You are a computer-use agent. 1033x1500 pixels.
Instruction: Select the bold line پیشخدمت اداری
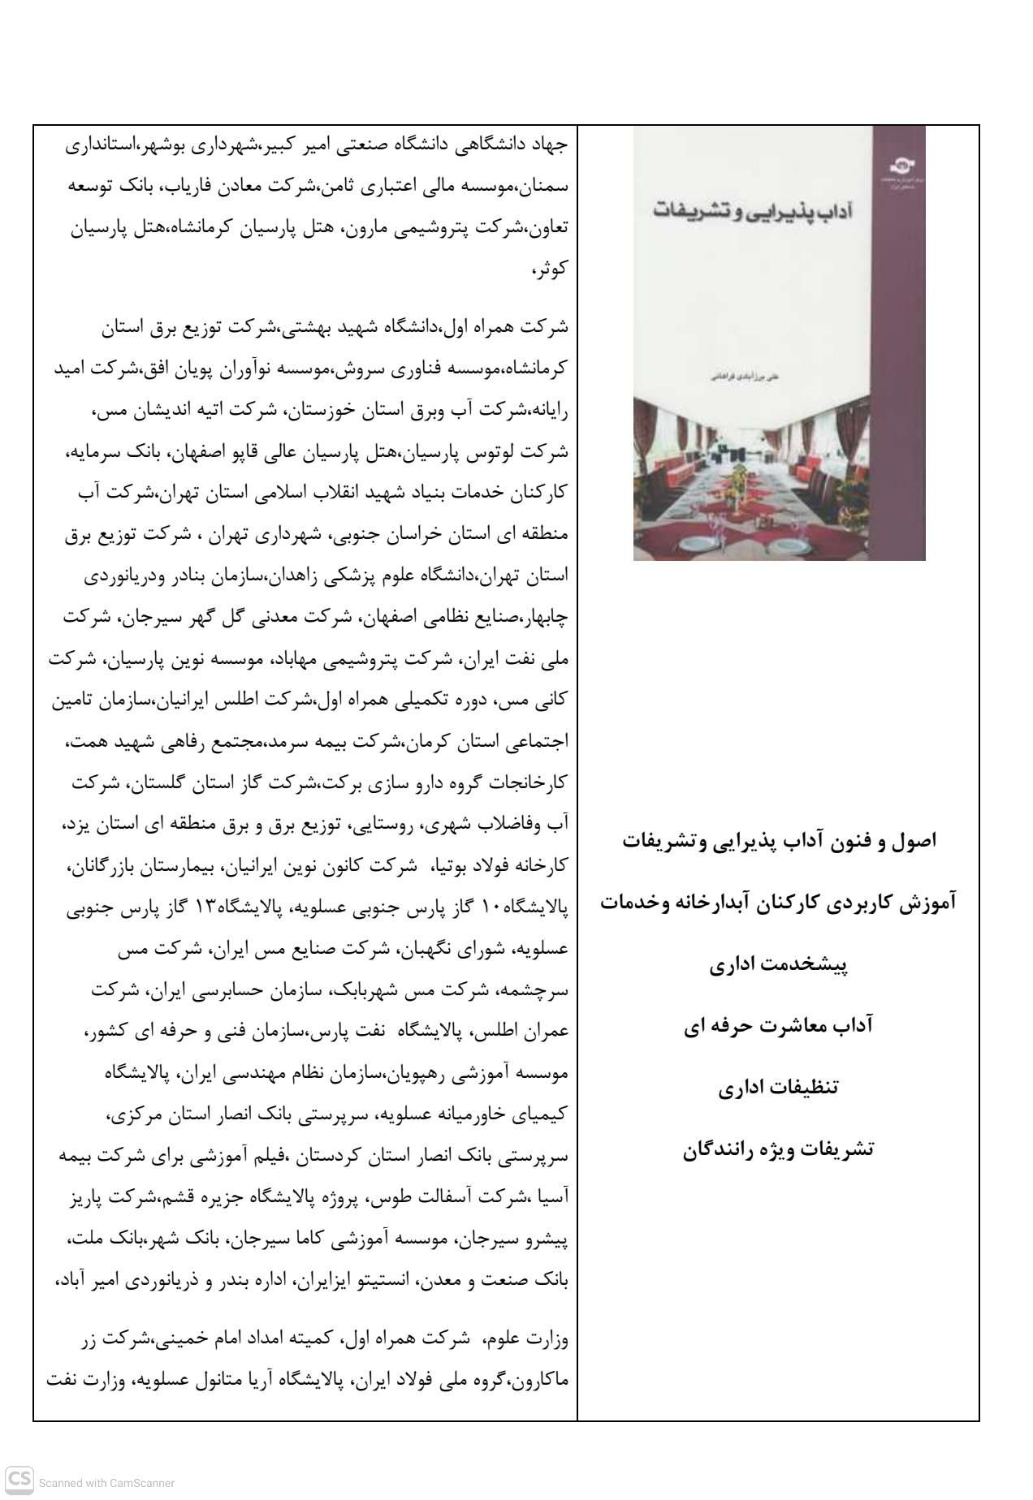click(x=778, y=965)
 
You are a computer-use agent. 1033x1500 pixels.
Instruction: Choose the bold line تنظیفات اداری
click(x=778, y=1088)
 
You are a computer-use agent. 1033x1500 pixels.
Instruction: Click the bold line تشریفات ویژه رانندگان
click(x=778, y=1149)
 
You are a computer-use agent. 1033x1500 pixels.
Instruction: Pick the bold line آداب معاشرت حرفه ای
click(x=778, y=1026)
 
